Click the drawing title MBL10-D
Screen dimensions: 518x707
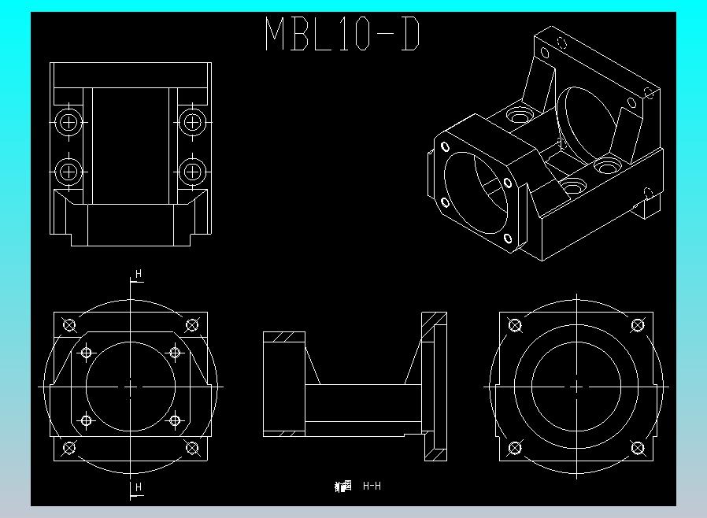342,35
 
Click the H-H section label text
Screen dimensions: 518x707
372,487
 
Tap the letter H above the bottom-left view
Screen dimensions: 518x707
139,274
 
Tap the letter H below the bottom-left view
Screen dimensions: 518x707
139,488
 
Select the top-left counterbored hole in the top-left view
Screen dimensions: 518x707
68,122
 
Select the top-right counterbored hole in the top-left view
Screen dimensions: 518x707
191,122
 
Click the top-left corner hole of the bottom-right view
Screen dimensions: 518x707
516,325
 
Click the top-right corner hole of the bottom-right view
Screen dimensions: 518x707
637,325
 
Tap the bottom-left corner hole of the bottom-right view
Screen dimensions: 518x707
516,448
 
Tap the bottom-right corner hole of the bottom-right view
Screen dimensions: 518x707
637,448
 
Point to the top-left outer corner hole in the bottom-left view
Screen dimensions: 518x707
69,325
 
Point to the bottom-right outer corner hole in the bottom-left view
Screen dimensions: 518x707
191,448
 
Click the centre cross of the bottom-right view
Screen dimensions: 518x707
576,387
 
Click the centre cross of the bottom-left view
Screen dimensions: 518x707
131,387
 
